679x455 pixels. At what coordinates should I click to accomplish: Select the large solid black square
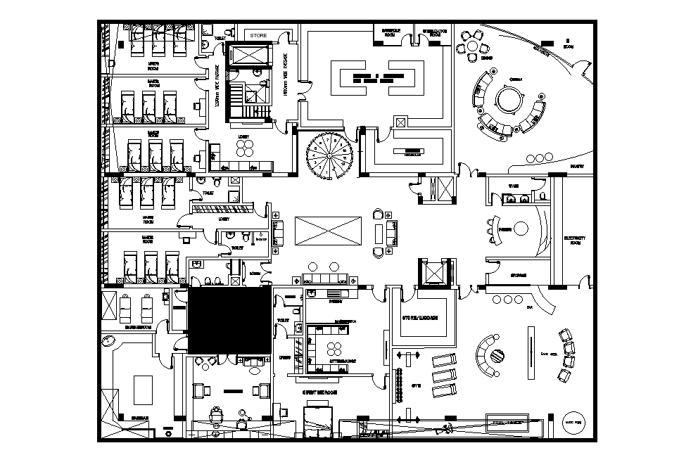[x=229, y=321]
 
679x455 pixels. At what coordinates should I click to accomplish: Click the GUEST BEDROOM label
[x=320, y=392]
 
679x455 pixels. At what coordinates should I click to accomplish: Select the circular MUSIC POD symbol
[x=574, y=421]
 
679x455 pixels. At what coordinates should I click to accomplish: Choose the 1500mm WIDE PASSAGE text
[x=285, y=74]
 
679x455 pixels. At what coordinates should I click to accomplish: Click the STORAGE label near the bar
[x=519, y=275]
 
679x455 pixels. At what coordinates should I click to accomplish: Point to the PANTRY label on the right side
[x=577, y=167]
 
